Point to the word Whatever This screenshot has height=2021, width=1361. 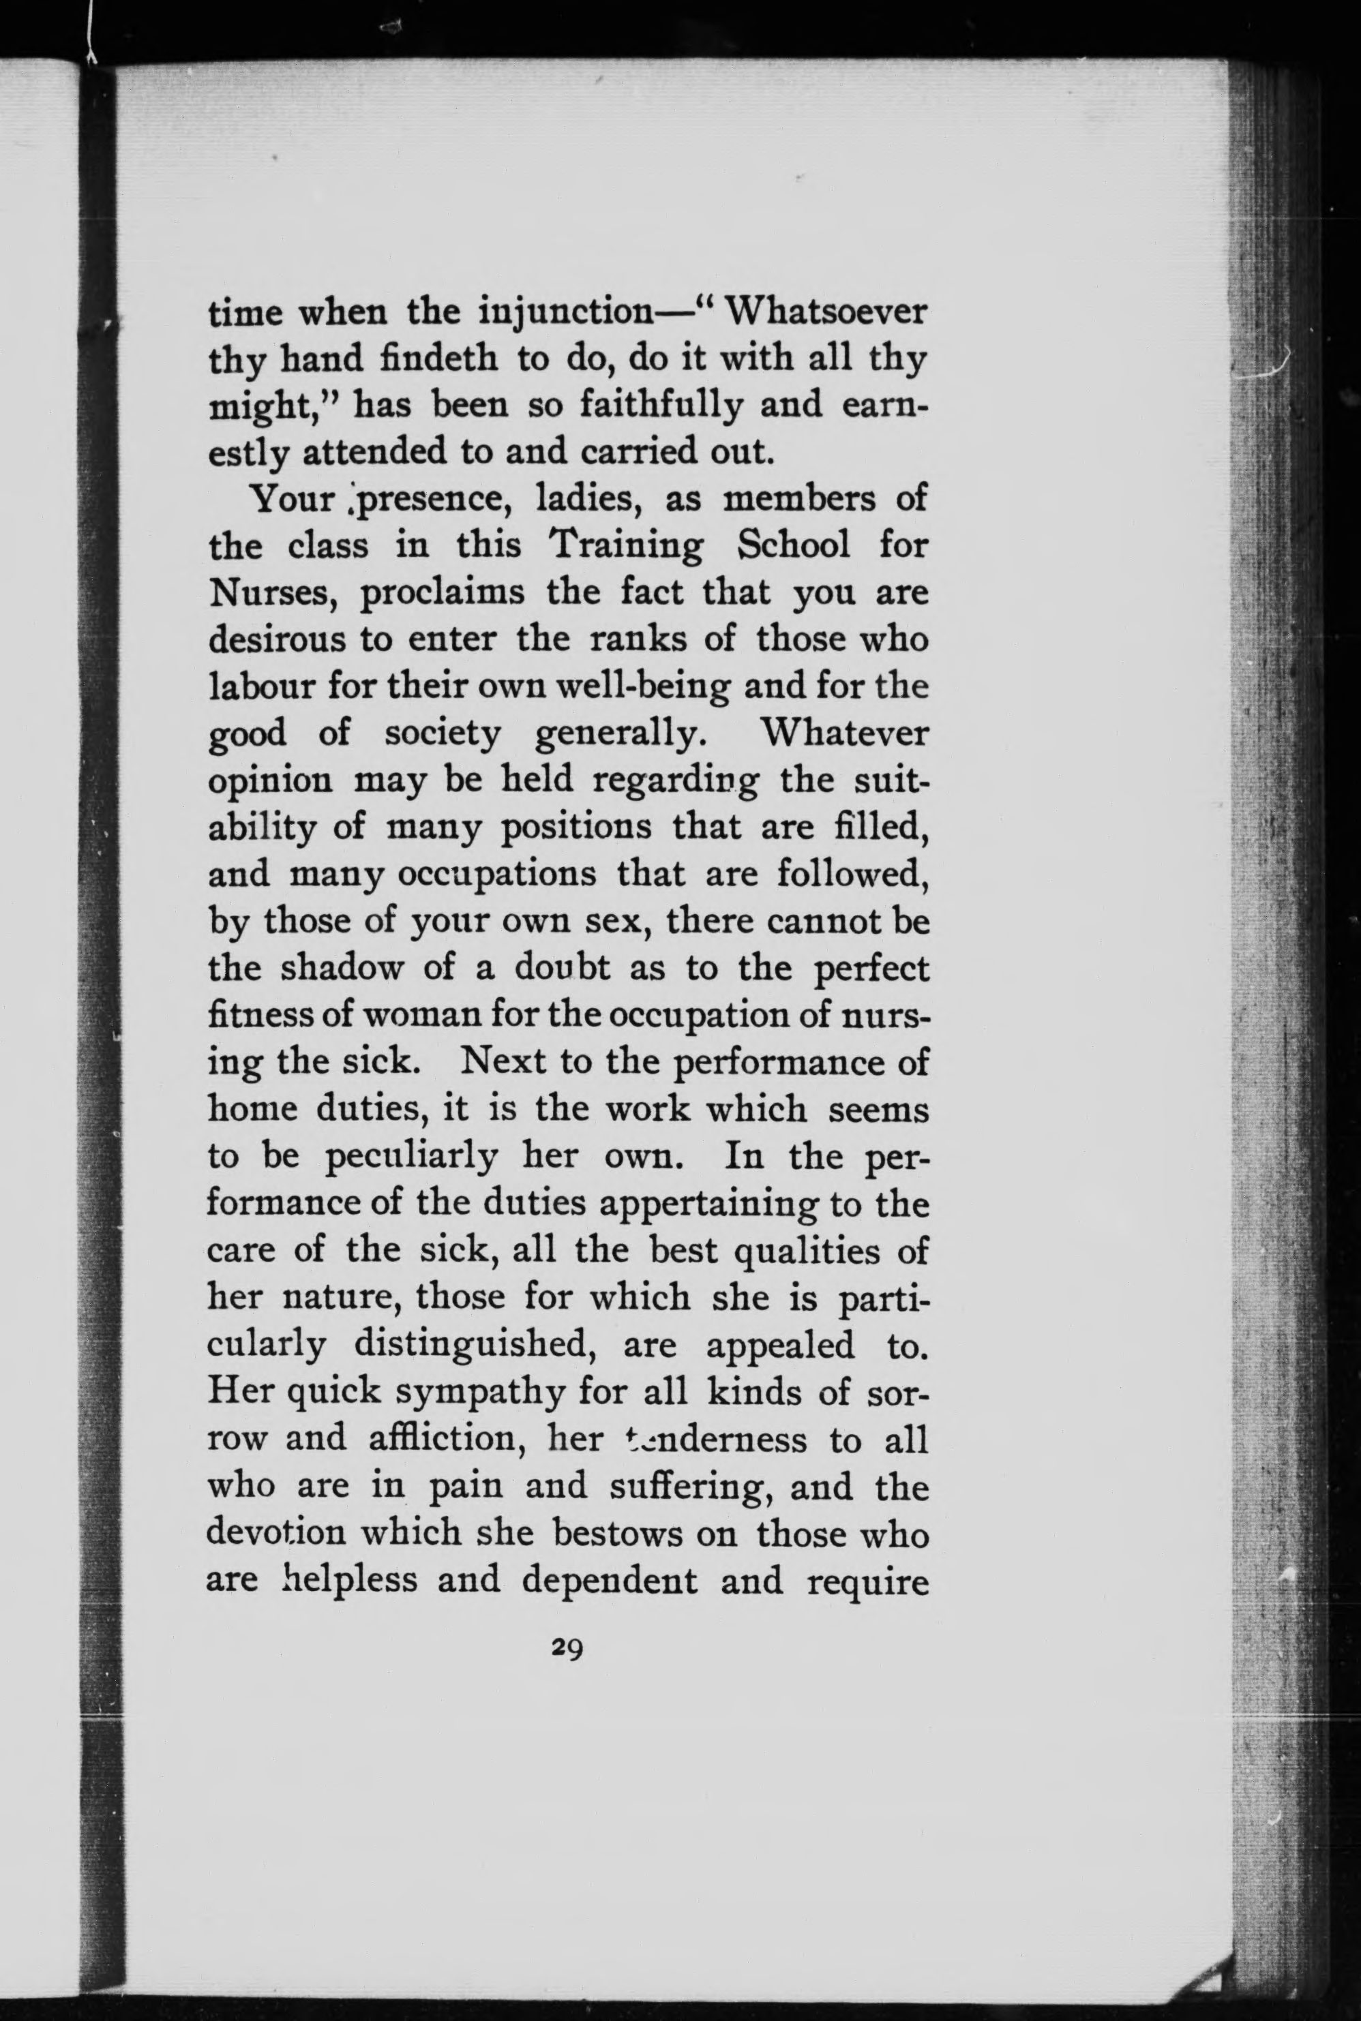(x=843, y=733)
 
